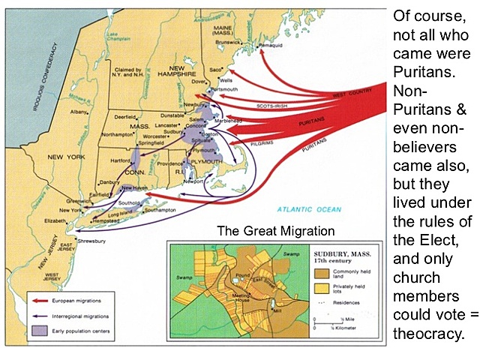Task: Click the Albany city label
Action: click(x=79, y=111)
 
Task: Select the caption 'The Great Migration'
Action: click(x=276, y=231)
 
